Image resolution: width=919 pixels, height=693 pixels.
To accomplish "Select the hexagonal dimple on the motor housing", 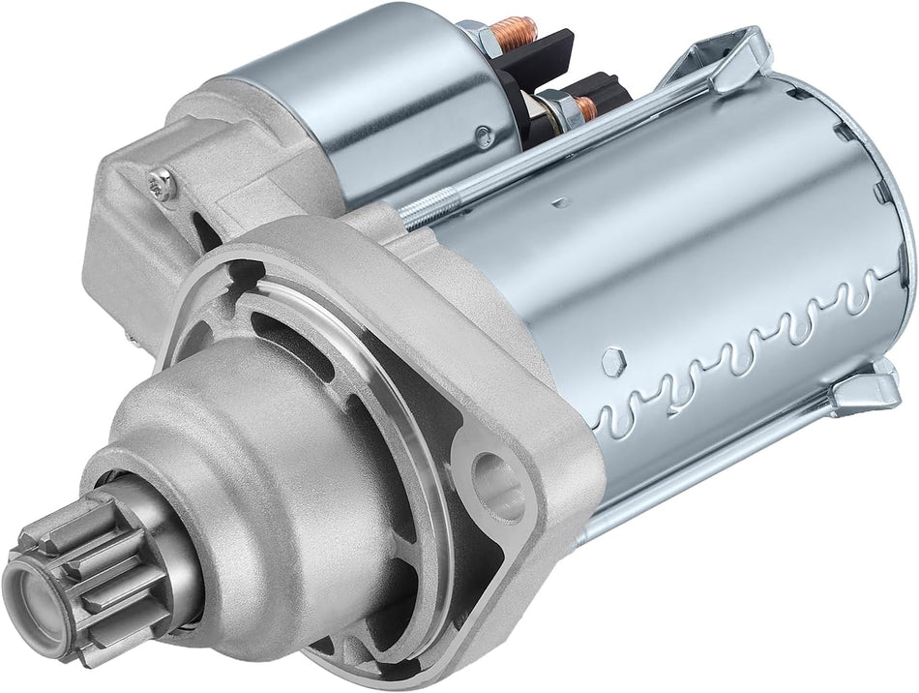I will [611, 361].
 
